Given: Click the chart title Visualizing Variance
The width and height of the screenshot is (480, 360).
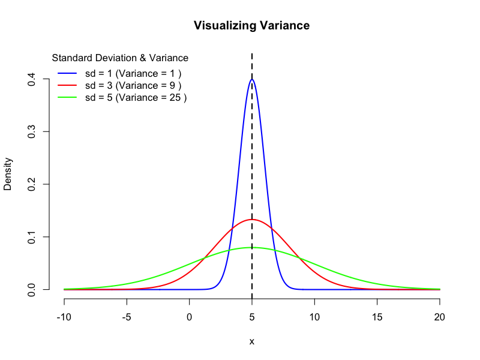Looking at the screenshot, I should tap(251, 26).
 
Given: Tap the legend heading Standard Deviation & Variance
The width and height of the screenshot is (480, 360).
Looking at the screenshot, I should tap(120, 58).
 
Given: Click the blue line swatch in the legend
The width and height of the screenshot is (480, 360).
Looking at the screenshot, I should tap(67, 73).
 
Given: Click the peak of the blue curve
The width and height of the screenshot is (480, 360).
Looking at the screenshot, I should tap(252, 79).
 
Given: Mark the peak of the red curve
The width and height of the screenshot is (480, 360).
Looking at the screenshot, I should tap(252, 220).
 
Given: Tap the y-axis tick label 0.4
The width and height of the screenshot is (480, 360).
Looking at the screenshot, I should tap(31, 79).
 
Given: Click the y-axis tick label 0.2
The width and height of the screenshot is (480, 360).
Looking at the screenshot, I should tap(31, 184).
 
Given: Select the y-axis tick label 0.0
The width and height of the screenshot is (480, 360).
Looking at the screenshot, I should tap(31, 289).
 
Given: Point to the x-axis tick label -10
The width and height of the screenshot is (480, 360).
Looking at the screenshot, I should tap(64, 317).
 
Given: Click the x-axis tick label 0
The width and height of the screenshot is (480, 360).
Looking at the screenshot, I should tap(190, 317).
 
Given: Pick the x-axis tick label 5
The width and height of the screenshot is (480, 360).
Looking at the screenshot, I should tap(252, 317).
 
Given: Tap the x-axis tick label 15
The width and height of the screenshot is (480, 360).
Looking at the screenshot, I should tap(377, 317).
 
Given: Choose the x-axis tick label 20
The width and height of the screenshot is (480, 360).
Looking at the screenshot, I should tap(440, 317).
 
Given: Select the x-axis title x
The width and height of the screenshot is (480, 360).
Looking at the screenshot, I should tap(252, 341).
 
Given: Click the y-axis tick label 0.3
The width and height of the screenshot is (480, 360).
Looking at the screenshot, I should tap(31, 131).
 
